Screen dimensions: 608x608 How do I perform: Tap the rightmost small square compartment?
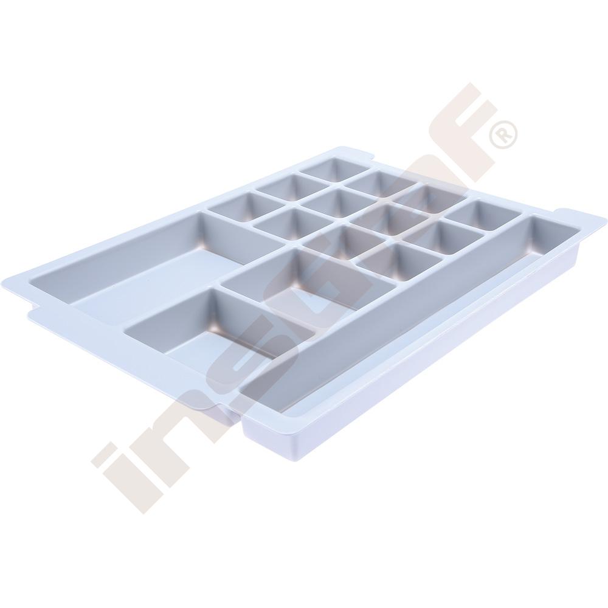point(484,216)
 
